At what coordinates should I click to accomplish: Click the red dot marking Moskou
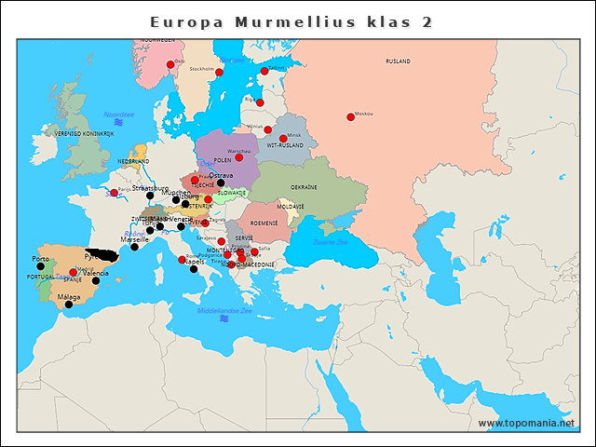(350, 117)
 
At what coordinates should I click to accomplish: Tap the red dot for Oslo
(169, 65)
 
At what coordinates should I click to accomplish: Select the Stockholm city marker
(220, 72)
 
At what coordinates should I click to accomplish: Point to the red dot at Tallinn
(264, 71)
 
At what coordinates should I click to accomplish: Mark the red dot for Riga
(260, 102)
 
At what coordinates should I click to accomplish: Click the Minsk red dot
(283, 139)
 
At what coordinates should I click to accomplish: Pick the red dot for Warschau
(239, 156)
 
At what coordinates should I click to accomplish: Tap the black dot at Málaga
(68, 305)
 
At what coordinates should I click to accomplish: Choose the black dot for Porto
(40, 266)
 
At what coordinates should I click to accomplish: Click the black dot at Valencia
(95, 280)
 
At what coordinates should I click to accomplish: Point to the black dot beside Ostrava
(220, 183)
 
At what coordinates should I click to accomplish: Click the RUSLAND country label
(398, 61)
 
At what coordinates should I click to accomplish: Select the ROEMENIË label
(264, 223)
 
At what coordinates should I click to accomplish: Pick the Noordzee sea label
(119, 114)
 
